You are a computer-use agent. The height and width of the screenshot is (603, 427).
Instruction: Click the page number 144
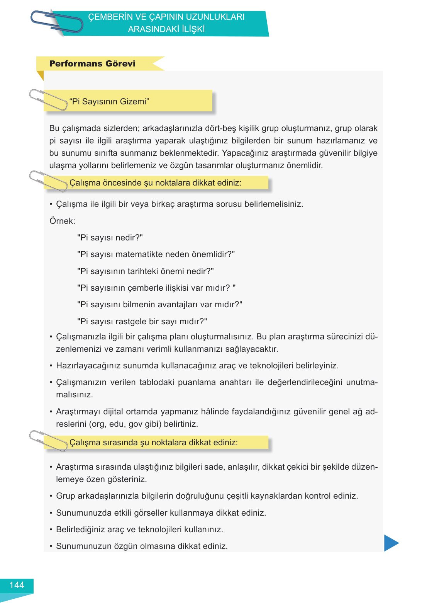17,585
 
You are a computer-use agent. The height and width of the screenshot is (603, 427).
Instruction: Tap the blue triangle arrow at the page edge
391,543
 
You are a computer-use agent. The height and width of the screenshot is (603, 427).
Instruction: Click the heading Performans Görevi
92,64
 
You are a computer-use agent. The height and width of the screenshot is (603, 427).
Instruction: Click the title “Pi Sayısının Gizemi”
109,102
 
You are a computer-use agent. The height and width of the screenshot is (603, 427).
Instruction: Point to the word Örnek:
62,221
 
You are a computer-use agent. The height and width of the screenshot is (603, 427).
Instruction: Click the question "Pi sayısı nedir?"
110,238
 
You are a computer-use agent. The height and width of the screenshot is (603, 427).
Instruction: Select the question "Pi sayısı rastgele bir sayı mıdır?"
142,322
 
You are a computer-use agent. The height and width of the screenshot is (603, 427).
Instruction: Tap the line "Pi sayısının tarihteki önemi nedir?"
145,271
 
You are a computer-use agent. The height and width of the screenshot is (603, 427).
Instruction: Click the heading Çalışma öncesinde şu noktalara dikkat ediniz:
155,183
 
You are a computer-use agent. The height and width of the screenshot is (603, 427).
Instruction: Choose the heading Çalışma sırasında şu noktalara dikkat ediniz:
153,443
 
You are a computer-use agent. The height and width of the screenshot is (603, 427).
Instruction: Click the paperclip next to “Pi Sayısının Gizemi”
48,100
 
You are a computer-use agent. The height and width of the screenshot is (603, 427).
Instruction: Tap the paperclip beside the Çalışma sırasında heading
48,441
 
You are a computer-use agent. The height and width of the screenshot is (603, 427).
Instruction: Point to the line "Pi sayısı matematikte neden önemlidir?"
156,254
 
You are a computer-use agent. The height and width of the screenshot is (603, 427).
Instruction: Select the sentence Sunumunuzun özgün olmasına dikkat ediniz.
142,546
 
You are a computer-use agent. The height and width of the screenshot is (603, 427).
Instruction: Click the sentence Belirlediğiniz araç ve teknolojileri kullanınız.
139,530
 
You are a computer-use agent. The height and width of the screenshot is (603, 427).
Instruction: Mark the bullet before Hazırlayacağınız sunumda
51,366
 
